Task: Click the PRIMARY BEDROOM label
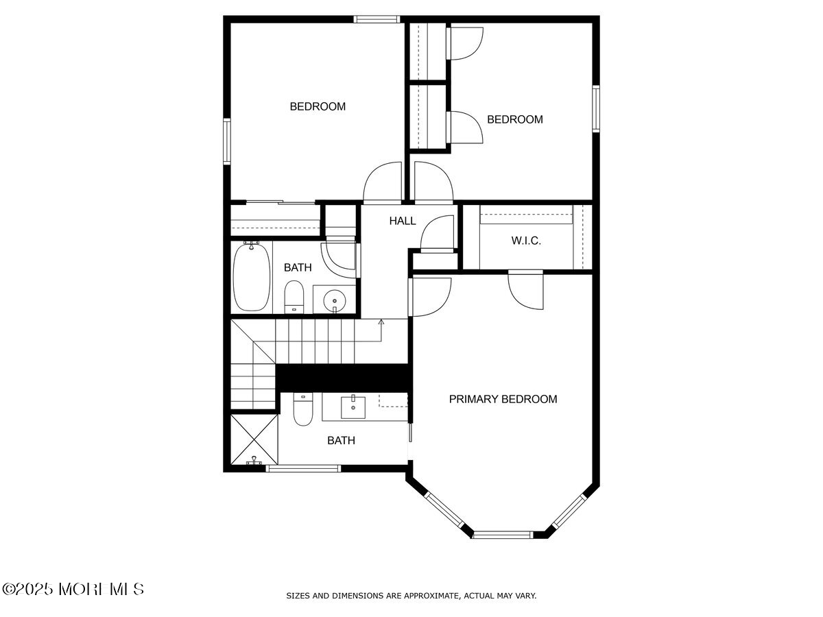tap(503, 399)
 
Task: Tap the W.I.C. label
tap(526, 241)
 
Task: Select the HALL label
tap(403, 221)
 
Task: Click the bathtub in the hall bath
tap(252, 276)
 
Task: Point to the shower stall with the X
tap(254, 439)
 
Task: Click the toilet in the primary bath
tap(302, 409)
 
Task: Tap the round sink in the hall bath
tap(334, 300)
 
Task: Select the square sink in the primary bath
tap(353, 407)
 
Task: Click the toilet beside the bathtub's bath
tap(294, 297)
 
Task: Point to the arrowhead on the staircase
tap(381, 322)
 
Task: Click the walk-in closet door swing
tap(525, 289)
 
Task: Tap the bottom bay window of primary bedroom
tap(503, 535)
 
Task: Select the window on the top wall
tap(377, 19)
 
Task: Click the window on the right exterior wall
tap(596, 108)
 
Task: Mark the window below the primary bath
tap(303, 468)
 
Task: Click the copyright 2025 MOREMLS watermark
tap(73, 590)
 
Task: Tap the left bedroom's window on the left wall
tap(227, 141)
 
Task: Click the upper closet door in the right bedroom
tap(464, 43)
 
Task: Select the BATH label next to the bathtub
tap(298, 267)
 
